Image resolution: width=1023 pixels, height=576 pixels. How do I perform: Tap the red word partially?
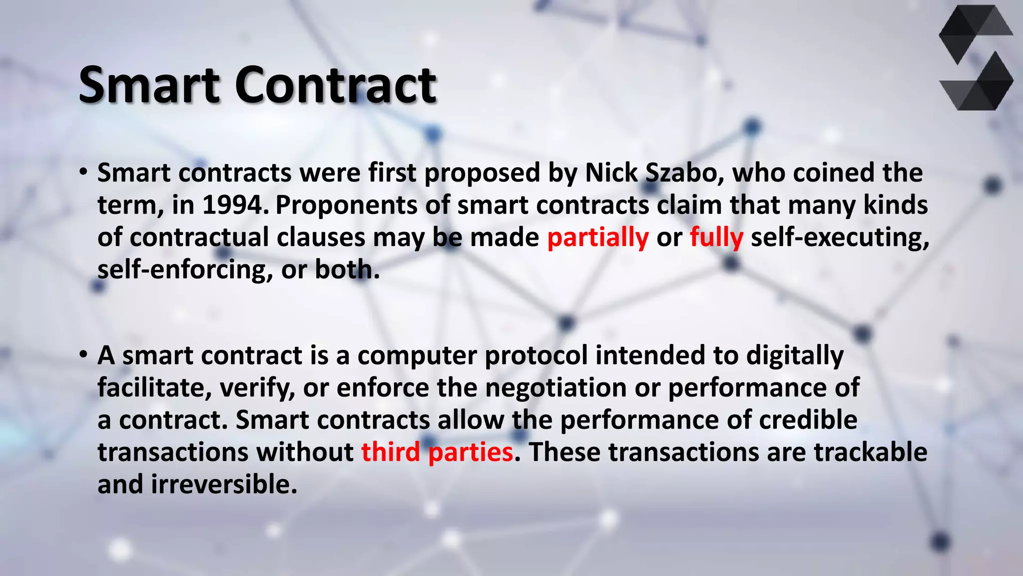click(598, 237)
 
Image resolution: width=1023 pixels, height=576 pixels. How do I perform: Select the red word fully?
click(716, 237)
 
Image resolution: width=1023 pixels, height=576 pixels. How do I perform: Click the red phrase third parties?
click(437, 452)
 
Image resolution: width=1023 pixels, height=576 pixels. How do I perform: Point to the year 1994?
click(232, 205)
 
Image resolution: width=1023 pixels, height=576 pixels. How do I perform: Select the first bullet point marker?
click(83, 173)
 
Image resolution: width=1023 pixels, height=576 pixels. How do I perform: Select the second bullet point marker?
click(83, 355)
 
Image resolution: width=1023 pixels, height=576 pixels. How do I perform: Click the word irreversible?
click(224, 484)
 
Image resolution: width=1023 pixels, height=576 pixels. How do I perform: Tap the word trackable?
click(870, 452)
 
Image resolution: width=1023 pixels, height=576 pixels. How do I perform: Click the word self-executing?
click(840, 237)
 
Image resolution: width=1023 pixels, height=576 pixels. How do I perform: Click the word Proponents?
click(346, 205)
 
